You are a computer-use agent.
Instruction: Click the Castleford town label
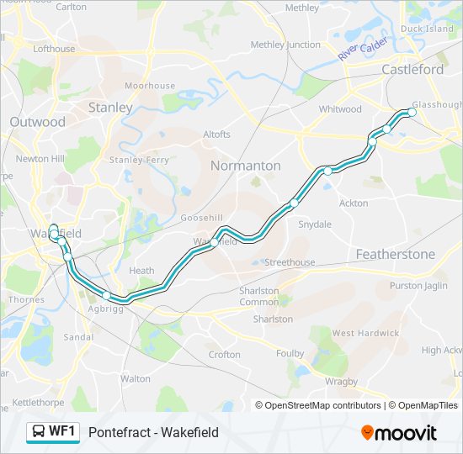click(x=412, y=70)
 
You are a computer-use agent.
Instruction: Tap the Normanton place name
click(x=245, y=166)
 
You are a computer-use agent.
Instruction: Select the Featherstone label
click(x=395, y=254)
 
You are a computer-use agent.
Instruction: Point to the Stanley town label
click(x=110, y=108)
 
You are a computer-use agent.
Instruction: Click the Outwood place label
click(x=37, y=122)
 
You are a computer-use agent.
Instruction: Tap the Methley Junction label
click(x=285, y=45)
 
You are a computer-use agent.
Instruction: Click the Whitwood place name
click(x=340, y=109)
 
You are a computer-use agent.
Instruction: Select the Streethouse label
click(x=290, y=262)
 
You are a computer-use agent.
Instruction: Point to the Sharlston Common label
click(x=258, y=296)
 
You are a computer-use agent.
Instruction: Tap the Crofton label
click(x=225, y=355)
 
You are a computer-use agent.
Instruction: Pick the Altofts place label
click(x=216, y=134)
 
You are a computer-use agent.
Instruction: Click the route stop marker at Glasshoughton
click(x=412, y=112)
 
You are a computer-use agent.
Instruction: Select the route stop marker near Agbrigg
click(x=107, y=295)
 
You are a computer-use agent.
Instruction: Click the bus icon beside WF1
click(x=39, y=432)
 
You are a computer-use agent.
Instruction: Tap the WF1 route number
click(x=62, y=432)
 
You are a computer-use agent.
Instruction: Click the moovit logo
click(x=399, y=432)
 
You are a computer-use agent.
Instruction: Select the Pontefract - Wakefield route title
click(x=153, y=432)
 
